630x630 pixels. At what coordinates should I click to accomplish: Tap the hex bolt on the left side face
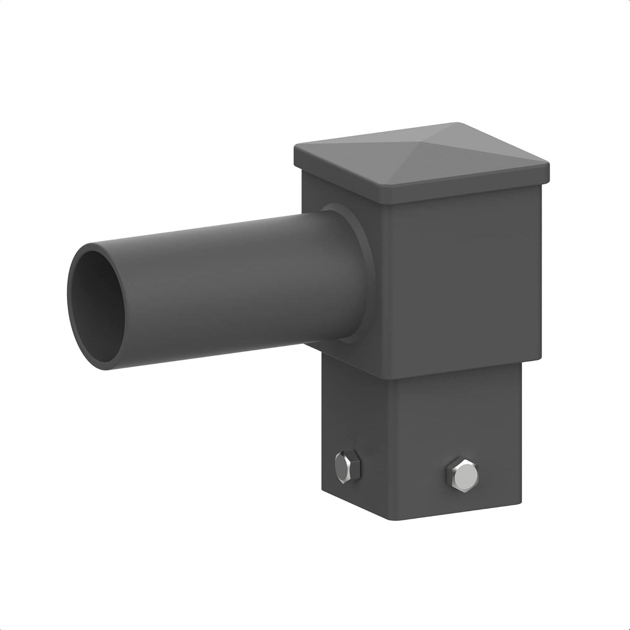[348, 465]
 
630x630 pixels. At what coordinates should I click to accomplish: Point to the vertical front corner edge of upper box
[386, 286]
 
